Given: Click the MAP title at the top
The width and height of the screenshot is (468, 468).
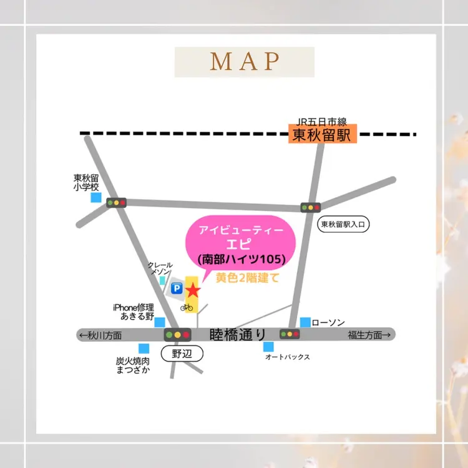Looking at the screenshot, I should coord(244,62).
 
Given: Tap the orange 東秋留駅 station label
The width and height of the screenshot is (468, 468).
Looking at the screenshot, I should coord(322,135).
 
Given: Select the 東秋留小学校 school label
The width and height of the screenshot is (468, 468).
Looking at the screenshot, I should coord(86,182).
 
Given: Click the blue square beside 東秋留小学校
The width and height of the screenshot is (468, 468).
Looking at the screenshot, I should coord(95,197).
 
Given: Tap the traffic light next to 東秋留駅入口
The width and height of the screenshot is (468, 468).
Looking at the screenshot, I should coord(310,207).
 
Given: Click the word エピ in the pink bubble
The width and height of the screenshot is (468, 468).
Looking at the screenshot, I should coord(241,244).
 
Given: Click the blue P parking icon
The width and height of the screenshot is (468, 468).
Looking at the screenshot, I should coord(176,288).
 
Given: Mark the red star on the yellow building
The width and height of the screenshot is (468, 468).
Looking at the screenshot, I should coord(193,290).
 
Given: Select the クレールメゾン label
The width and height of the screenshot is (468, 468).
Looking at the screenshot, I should coord(160,269).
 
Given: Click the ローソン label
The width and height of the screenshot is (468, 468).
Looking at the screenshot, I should coord(328,322).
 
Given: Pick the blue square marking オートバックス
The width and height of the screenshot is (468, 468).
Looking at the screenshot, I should coord(268,346).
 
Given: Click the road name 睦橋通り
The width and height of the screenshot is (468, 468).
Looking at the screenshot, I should coord(238,334).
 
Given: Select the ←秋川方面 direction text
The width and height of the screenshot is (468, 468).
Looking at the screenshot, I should coord(100,335).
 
